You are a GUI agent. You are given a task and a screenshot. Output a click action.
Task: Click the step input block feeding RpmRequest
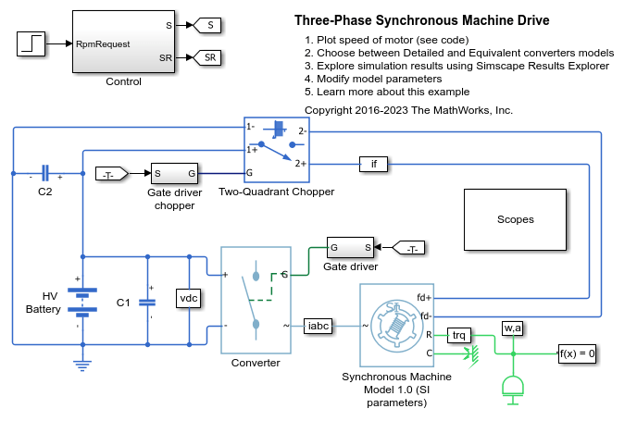(31, 43)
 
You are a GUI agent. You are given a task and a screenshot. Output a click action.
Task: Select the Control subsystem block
(123, 42)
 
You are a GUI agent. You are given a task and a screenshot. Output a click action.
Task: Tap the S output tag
(206, 25)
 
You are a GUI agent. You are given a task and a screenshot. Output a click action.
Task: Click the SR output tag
(206, 57)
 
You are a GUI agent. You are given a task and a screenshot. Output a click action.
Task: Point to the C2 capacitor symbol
(45, 173)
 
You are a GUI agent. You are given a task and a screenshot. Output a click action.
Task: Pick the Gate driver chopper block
(174, 173)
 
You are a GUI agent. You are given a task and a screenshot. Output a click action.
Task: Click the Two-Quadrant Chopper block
(277, 150)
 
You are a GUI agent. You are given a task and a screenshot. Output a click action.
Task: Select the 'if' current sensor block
(373, 164)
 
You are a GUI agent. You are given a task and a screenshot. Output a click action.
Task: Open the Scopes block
(515, 219)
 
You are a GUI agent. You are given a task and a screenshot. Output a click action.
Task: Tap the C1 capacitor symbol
(147, 303)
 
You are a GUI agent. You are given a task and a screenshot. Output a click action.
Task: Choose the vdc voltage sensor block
(189, 298)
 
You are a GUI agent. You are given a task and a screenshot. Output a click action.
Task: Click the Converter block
(256, 300)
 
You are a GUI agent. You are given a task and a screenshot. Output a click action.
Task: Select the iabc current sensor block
(318, 326)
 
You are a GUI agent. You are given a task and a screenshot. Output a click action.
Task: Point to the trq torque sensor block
(459, 335)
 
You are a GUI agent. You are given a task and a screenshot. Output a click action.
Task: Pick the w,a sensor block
(513, 328)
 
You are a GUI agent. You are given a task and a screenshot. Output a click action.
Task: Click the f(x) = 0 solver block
(577, 353)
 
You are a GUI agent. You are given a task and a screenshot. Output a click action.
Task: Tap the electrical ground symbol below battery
(82, 365)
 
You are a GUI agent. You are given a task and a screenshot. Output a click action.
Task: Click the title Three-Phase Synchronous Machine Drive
(421, 20)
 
